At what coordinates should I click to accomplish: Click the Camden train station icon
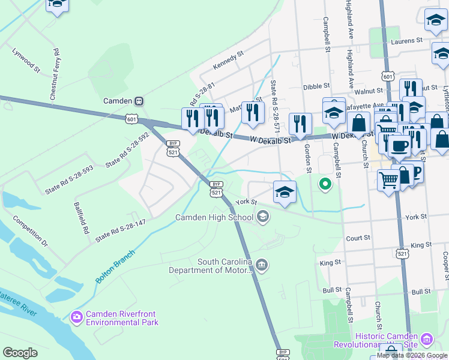pos(139,101)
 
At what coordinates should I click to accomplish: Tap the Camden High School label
pos(214,217)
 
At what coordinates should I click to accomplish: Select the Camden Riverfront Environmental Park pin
pos(76,316)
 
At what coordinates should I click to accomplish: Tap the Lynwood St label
pos(25,60)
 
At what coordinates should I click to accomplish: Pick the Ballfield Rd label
pos(82,217)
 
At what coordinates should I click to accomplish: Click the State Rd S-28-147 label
pos(121,229)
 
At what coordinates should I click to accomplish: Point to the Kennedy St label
pos(229,62)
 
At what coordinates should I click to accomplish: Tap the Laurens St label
pos(408,41)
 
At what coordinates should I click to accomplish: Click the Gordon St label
pos(307,158)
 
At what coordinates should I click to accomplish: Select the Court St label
pos(358,238)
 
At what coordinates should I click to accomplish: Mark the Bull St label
pos(331,289)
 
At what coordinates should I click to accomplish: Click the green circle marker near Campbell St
pos(325,184)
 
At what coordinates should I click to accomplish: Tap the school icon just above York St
pos(285,191)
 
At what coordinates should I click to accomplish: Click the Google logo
pos(20,352)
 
